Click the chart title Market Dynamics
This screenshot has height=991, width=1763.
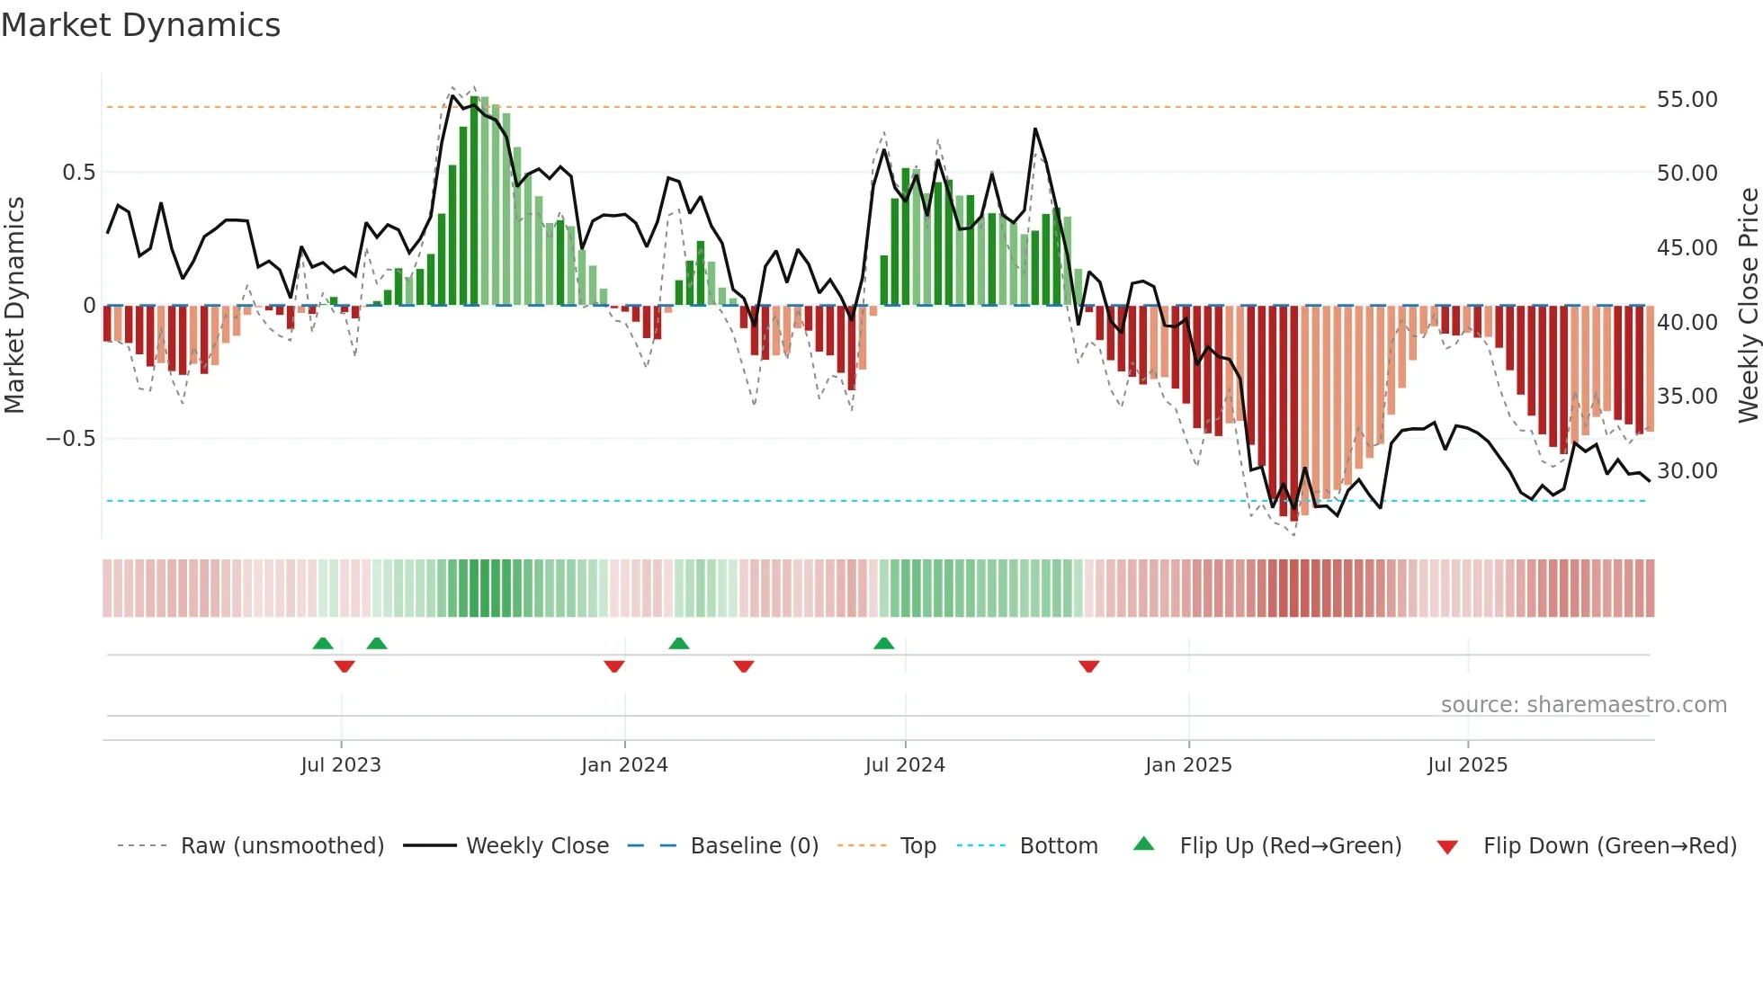pyautogui.click(x=141, y=25)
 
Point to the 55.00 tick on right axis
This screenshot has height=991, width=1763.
pyautogui.click(x=1687, y=100)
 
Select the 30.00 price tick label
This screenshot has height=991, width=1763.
pyautogui.click(x=1687, y=471)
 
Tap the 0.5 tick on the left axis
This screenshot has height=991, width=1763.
pyautogui.click(x=78, y=173)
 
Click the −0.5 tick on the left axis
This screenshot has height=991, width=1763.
pyautogui.click(x=71, y=439)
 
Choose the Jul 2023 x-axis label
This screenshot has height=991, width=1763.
pyautogui.click(x=341, y=765)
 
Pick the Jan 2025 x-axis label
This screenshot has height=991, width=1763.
pyautogui.click(x=1188, y=765)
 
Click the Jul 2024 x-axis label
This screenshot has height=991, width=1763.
pyautogui.click(x=905, y=765)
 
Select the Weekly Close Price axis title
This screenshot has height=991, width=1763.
pyautogui.click(x=1748, y=306)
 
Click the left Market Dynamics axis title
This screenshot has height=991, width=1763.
pyautogui.click(x=14, y=306)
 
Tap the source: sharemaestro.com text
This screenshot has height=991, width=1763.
pyautogui.click(x=1583, y=705)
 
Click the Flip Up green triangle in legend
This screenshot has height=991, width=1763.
pyautogui.click(x=1143, y=844)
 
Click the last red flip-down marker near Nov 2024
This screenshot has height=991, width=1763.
pyautogui.click(x=1089, y=666)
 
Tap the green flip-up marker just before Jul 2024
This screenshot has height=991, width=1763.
pyautogui.click(x=884, y=643)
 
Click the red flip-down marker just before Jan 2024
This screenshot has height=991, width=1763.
pyautogui.click(x=614, y=666)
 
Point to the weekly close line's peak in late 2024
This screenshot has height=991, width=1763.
pyautogui.click(x=1035, y=129)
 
